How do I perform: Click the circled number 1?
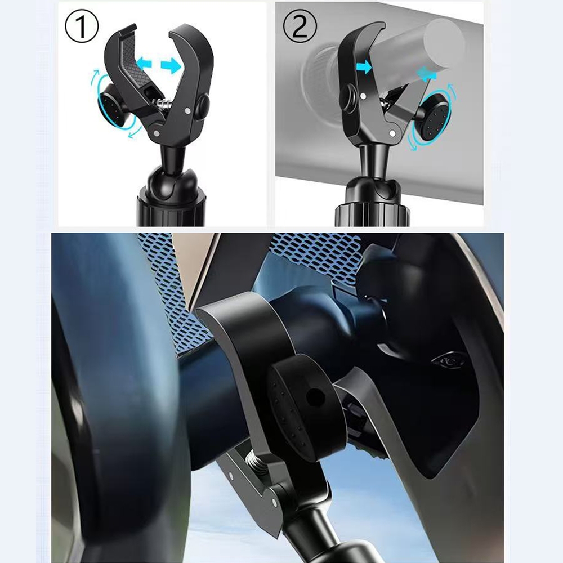82,26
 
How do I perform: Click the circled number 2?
300,26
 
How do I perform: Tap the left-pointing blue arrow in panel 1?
144,64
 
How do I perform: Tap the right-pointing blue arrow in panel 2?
364,67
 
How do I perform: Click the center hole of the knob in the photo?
316,397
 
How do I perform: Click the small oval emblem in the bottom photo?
449,361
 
